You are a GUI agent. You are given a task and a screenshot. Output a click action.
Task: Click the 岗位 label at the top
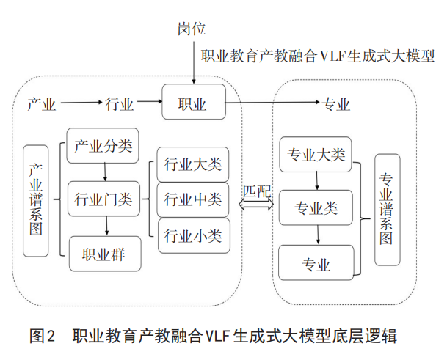click(192, 29)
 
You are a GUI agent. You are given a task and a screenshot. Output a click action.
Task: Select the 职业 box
click(192, 103)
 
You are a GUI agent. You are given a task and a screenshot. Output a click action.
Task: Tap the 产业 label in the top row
click(42, 103)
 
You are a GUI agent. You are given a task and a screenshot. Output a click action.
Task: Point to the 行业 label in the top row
click(120, 103)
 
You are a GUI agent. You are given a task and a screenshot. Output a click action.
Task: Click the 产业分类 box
click(103, 145)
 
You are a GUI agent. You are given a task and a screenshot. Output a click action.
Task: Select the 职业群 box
click(103, 254)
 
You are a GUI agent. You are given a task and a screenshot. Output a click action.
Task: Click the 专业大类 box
click(316, 155)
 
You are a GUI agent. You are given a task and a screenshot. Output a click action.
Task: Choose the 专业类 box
click(316, 208)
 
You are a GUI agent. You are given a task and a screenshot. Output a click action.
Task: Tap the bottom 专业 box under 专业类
click(316, 262)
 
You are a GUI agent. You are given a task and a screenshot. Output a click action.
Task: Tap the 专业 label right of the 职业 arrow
click(336, 103)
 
